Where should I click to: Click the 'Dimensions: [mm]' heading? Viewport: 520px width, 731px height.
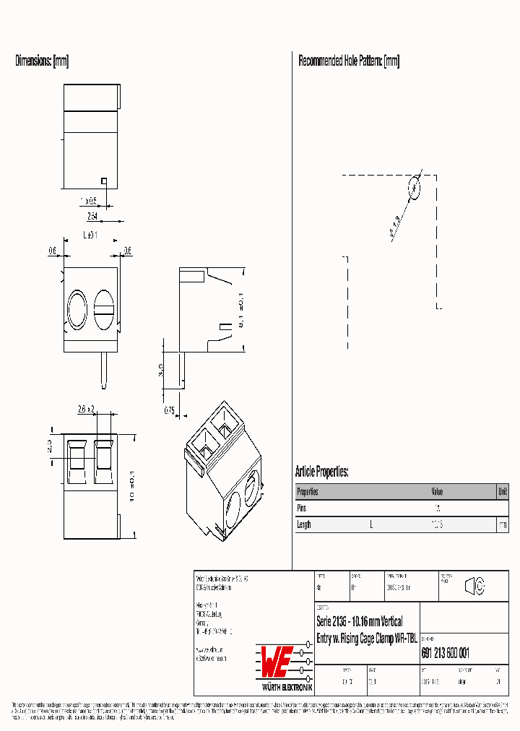tap(42, 61)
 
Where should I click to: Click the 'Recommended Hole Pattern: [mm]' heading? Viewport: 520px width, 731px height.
tap(349, 61)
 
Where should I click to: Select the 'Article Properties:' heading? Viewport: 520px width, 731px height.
tap(322, 472)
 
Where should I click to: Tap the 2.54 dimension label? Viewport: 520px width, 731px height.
tap(92, 216)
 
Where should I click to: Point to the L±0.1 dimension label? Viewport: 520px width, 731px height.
tap(90, 235)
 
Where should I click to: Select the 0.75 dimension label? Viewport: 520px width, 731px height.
tap(169, 410)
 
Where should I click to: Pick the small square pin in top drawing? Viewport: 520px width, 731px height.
tap(104, 181)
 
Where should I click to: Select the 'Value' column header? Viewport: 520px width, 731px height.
tap(438, 491)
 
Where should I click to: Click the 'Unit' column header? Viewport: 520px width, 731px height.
tap(502, 491)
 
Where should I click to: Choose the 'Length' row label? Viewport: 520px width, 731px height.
tap(304, 524)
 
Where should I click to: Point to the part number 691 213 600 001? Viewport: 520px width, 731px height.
tap(445, 653)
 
